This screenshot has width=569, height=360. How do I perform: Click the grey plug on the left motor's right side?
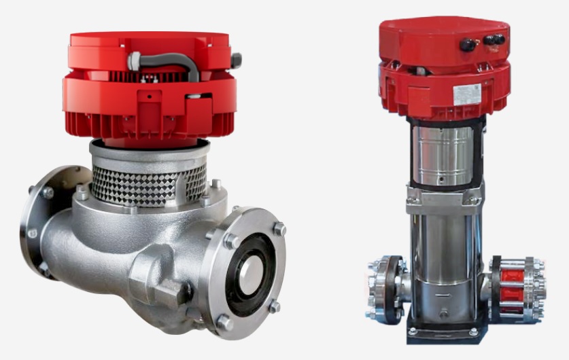235,60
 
